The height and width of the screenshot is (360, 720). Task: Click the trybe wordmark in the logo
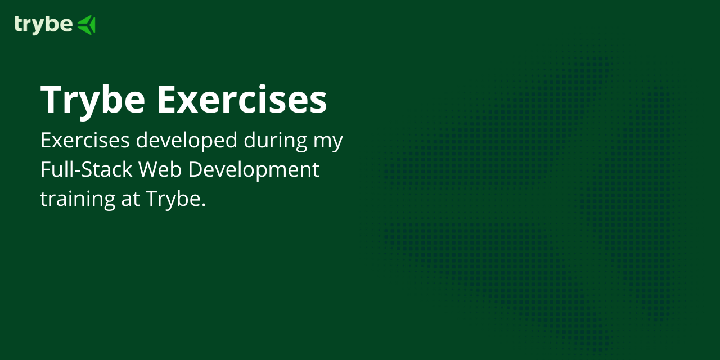pos(43,25)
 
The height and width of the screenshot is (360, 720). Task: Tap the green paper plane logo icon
pos(86,25)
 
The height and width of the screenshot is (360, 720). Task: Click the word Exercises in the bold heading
pos(242,100)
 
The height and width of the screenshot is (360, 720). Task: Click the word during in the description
pos(275,141)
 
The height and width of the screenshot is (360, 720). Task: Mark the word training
pos(77,199)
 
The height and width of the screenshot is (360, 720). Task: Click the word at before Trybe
pos(130,199)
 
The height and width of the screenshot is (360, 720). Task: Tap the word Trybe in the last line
pos(172,199)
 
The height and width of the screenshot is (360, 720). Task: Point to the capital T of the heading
pos(51,100)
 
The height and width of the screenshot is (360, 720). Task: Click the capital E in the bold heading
pos(167,100)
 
